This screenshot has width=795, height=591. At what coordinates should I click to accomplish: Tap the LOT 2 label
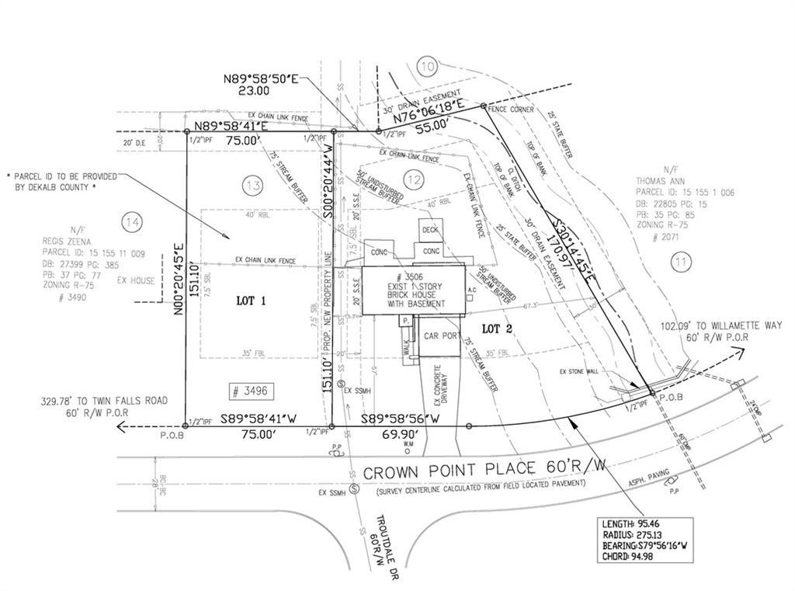[498, 329]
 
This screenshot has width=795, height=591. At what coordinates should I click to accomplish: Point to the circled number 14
[132, 224]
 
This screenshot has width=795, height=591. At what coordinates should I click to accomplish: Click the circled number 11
[681, 263]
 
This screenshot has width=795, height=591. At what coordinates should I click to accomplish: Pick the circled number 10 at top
[426, 67]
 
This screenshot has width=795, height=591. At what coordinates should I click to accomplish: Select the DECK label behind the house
[431, 230]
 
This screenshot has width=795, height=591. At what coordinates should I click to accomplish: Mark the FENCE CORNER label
[511, 110]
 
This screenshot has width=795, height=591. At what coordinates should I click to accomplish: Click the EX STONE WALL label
[580, 372]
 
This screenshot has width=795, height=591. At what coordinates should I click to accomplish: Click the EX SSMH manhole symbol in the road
[354, 489]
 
